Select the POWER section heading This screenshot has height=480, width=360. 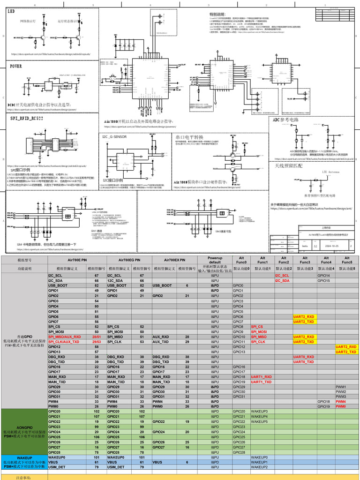tap(16, 66)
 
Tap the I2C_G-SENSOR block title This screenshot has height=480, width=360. tap(114, 137)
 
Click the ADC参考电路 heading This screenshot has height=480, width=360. tap(286, 120)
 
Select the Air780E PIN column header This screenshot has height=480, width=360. tap(77, 260)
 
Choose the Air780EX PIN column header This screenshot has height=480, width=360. tap(174, 260)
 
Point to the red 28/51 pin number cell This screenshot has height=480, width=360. tap(97, 337)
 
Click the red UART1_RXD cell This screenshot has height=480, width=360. tap(261, 377)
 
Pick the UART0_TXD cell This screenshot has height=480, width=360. tap(304, 362)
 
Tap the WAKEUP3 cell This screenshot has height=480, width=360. tap(259, 411)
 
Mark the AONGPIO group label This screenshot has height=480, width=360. tap(24, 427)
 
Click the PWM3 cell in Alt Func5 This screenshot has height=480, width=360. tap(341, 397)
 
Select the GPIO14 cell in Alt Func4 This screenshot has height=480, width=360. tap(324, 276)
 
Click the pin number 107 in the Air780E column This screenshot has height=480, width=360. tap(97, 416)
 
